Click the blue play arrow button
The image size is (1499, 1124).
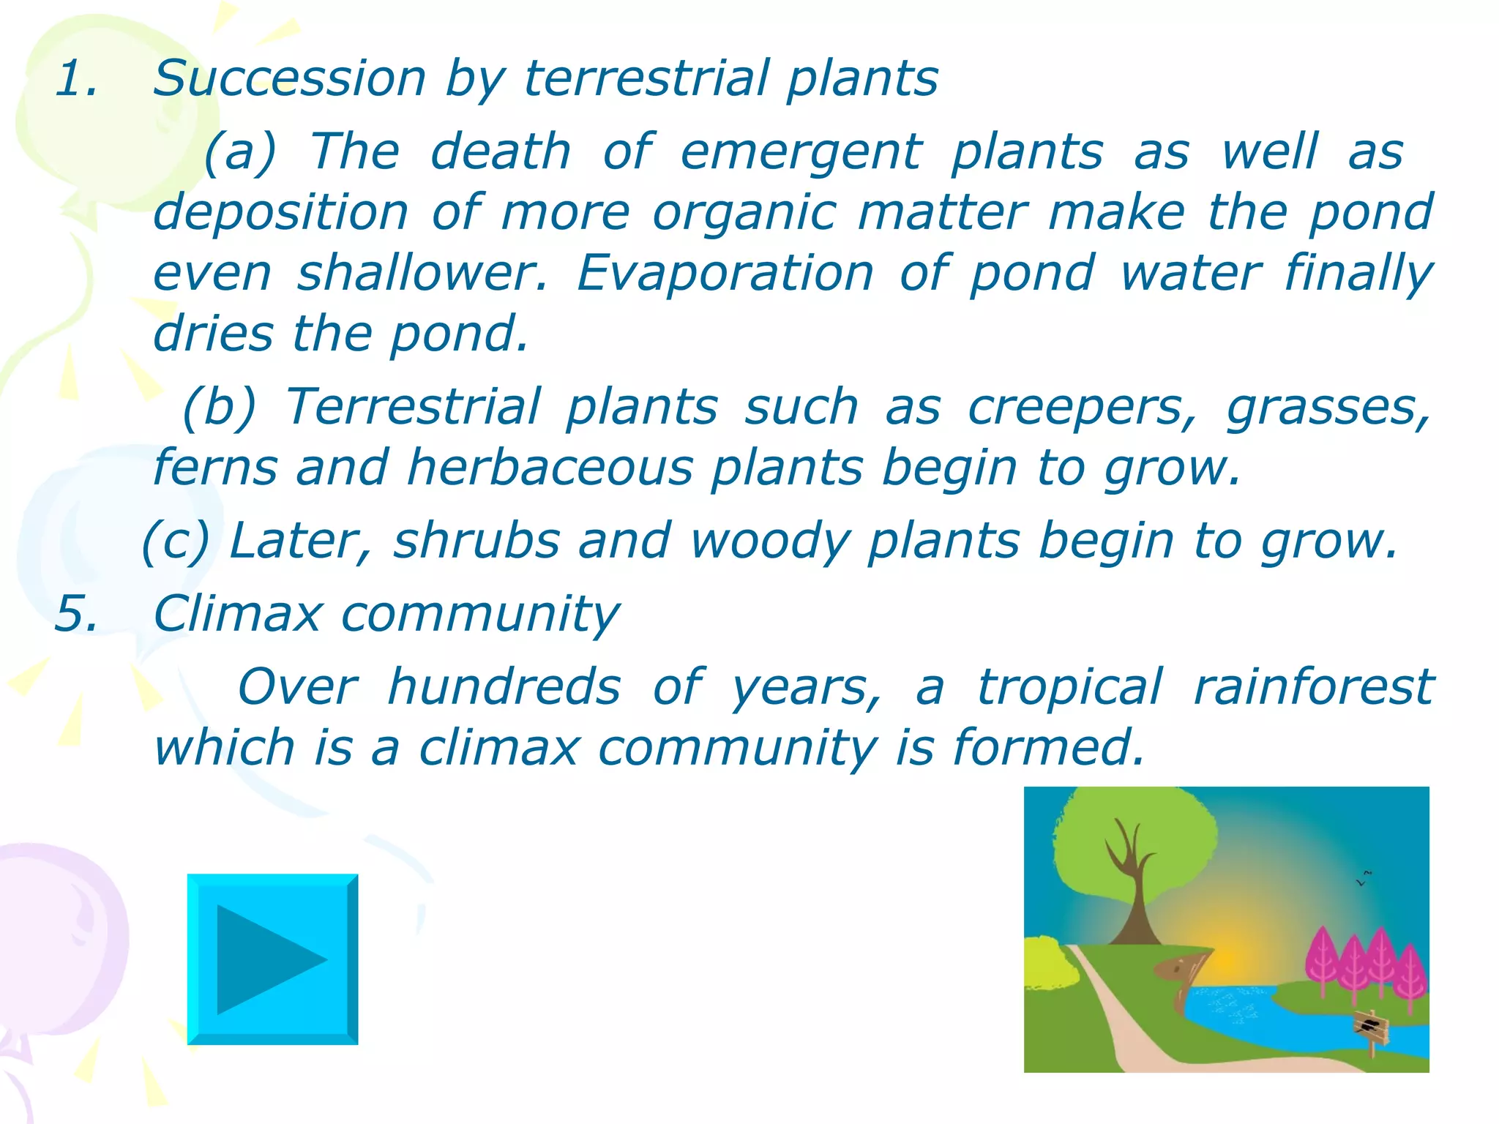272,959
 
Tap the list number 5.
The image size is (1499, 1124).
76,613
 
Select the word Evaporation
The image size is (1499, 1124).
725,273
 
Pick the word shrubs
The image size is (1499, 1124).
476,541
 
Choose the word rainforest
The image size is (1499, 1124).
1313,687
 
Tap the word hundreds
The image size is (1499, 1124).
504,687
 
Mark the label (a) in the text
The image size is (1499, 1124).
240,152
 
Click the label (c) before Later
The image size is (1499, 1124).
176,542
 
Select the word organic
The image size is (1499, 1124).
744,212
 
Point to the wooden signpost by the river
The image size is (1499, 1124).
1370,1028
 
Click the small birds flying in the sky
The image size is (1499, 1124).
1364,878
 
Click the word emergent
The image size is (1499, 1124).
801,152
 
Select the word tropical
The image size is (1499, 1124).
1069,687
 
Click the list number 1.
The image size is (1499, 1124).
76,78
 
